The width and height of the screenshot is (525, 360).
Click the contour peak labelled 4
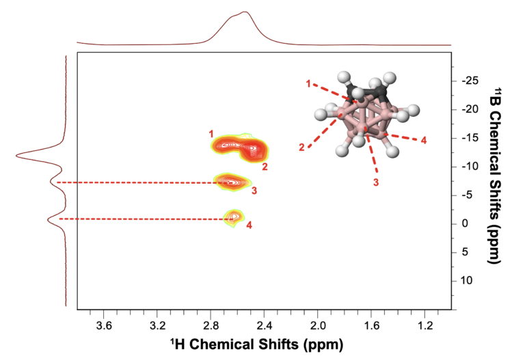click(x=234, y=217)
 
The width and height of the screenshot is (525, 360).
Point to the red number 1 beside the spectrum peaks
click(x=212, y=133)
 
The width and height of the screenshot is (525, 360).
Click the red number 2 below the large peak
click(x=265, y=166)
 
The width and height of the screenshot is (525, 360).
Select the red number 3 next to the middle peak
click(x=254, y=191)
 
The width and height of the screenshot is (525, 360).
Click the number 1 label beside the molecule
click(x=309, y=83)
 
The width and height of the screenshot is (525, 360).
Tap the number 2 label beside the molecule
click(x=301, y=147)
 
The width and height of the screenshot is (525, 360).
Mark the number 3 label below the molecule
click(x=376, y=182)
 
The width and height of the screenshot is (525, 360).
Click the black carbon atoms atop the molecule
click(x=368, y=90)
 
